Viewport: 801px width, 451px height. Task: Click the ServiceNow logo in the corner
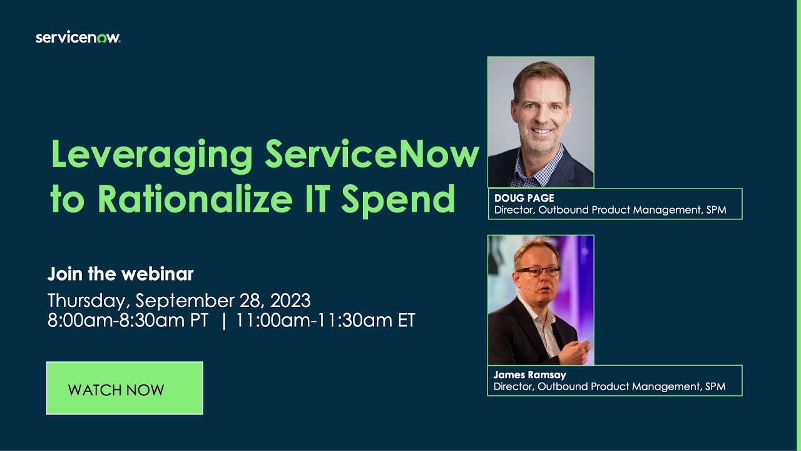pyautogui.click(x=78, y=38)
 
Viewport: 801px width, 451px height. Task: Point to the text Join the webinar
pyautogui.click(x=121, y=274)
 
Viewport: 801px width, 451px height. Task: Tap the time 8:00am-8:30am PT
pyautogui.click(x=128, y=320)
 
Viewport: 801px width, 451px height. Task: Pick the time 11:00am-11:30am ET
pyautogui.click(x=325, y=320)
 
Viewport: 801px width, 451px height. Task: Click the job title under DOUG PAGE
pyautogui.click(x=610, y=210)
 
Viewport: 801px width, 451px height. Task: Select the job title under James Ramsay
pyautogui.click(x=610, y=387)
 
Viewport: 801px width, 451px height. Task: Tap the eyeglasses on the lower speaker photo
pyautogui.click(x=538, y=272)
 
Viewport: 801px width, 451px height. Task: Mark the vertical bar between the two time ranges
pyautogui.click(x=223, y=320)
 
